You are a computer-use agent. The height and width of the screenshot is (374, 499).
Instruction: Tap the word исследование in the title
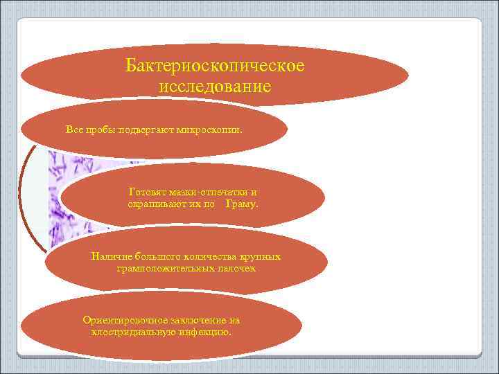click(215, 87)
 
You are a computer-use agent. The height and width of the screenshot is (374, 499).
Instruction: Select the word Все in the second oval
click(73, 130)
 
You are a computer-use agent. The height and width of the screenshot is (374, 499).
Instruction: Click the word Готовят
click(147, 191)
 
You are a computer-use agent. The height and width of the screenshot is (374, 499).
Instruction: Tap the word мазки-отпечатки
click(207, 191)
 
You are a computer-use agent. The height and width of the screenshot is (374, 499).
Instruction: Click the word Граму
click(242, 204)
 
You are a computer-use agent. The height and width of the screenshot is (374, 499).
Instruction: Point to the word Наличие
click(110, 257)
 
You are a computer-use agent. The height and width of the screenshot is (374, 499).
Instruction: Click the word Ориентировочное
click(124, 321)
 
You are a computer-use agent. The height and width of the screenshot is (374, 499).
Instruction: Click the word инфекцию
click(204, 332)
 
